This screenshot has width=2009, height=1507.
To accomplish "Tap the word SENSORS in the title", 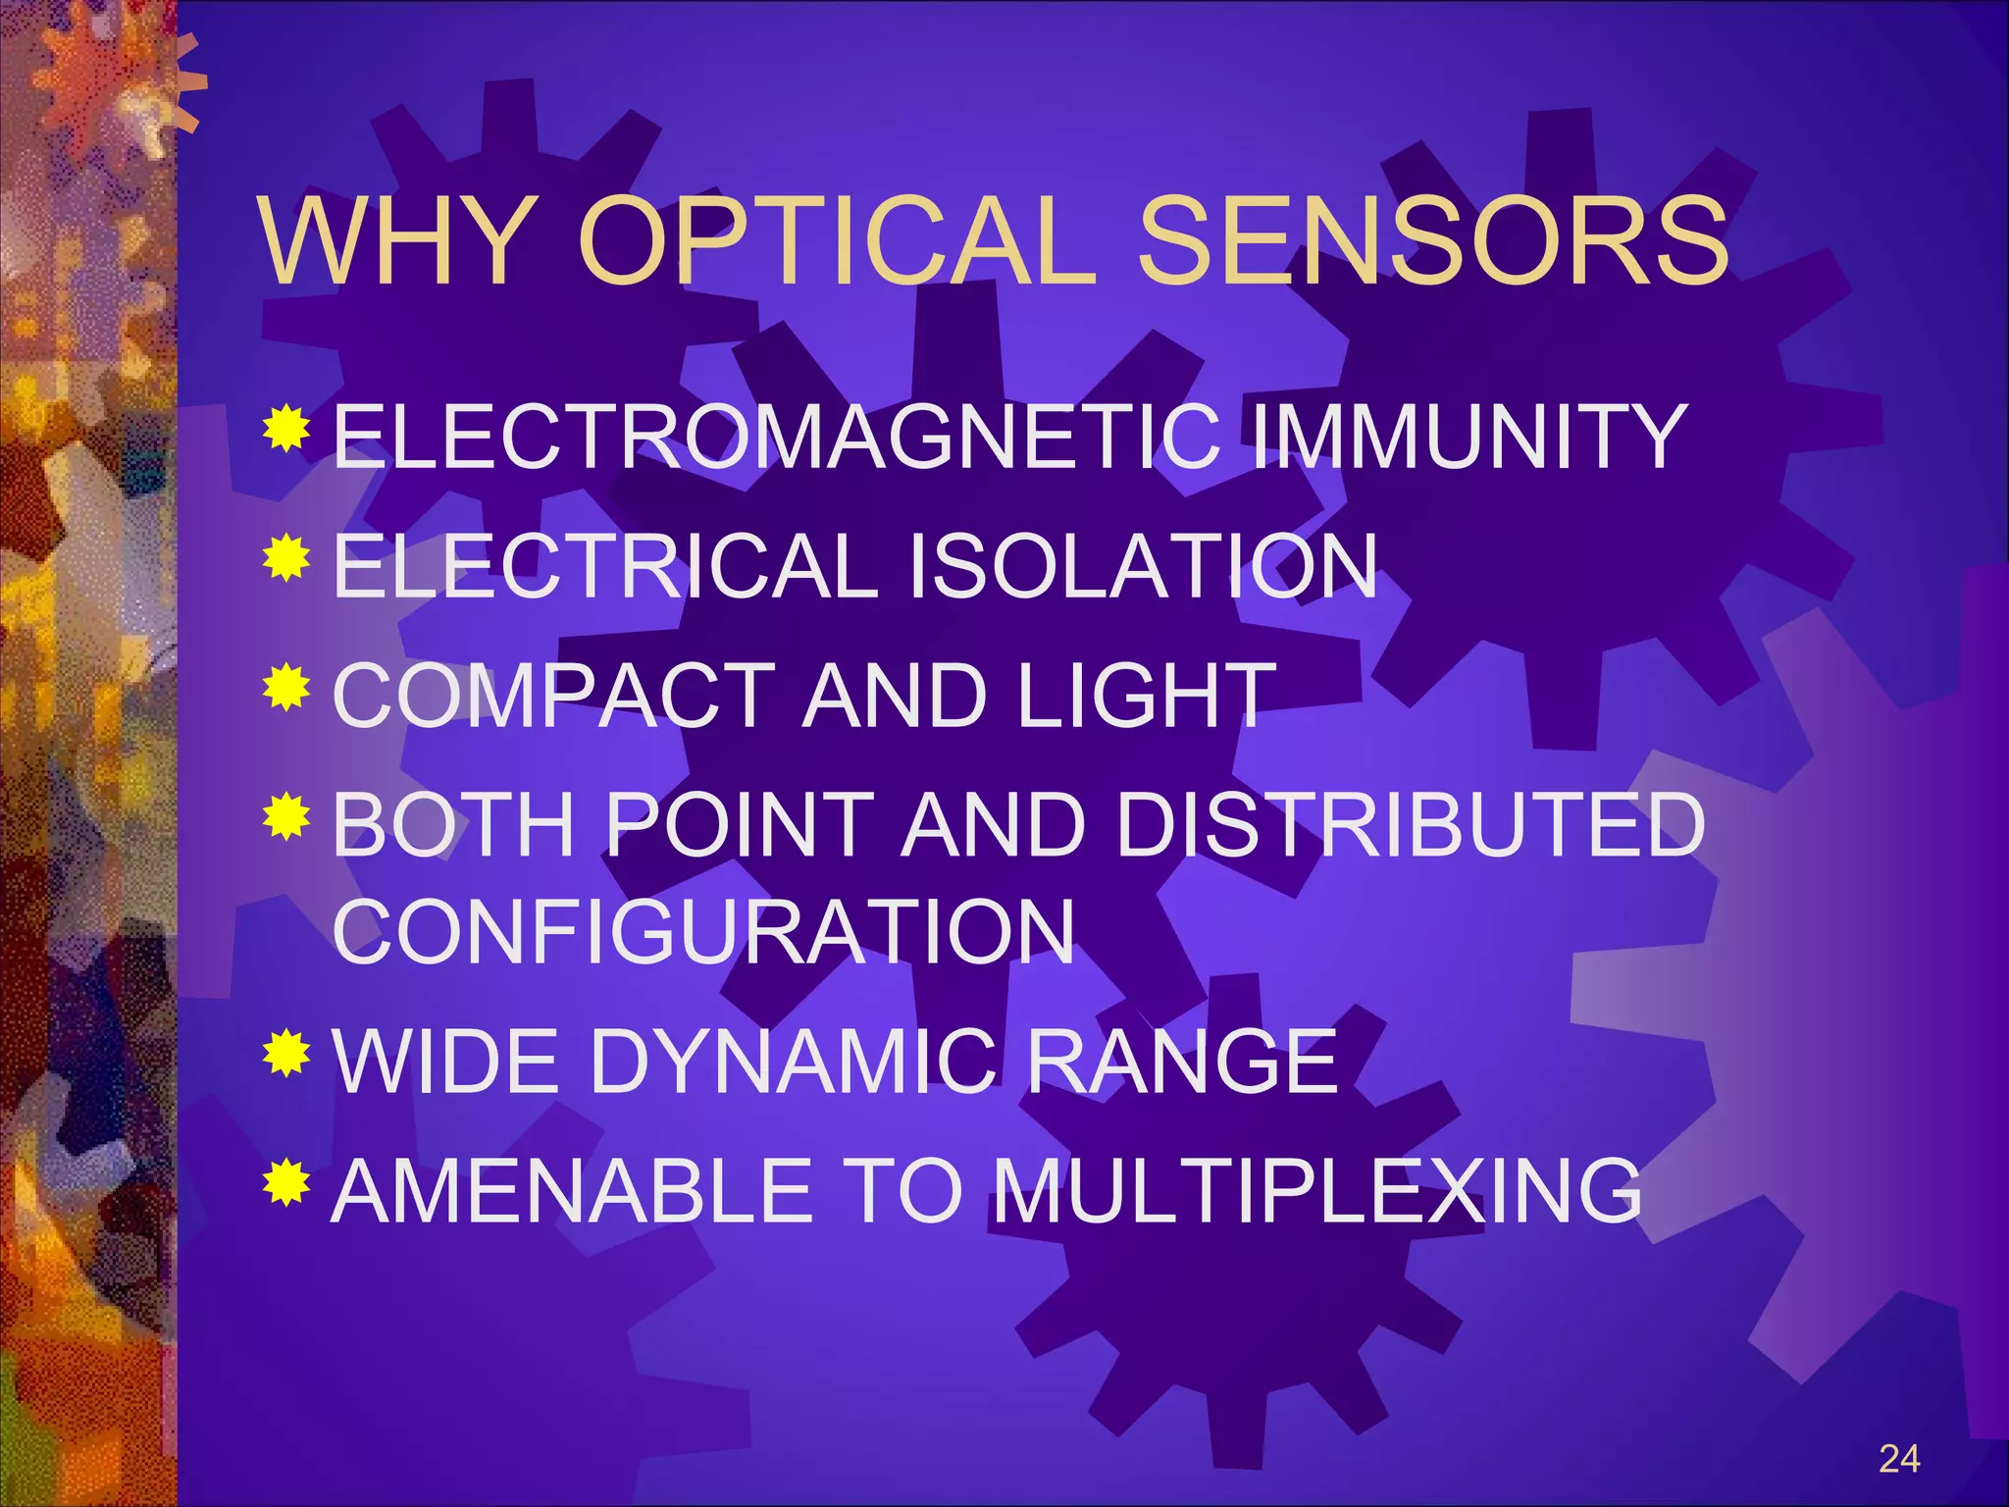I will (1432, 241).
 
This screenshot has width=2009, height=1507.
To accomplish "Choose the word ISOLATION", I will (1144, 566).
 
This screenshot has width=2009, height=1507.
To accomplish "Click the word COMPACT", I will (554, 696).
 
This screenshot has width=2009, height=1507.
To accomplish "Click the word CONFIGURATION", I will (703, 932).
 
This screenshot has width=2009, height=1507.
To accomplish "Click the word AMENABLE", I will (574, 1191).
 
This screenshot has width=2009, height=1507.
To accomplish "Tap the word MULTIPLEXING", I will (1316, 1191).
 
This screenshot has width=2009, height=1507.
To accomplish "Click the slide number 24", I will (1899, 1459).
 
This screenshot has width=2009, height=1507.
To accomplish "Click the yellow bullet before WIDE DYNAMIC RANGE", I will (286, 1053).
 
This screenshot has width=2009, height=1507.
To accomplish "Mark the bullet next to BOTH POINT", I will (286, 816).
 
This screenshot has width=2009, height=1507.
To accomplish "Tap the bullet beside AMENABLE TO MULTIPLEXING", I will (286, 1181).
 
